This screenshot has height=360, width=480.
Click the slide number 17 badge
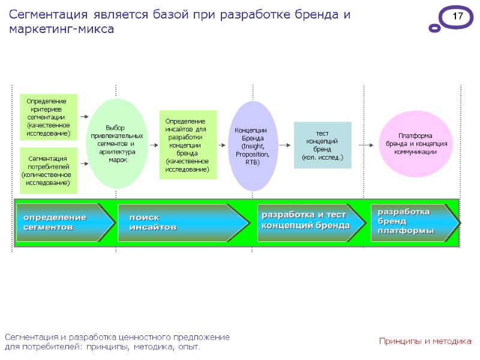click(x=457, y=17)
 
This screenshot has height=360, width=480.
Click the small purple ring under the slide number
click(x=434, y=28)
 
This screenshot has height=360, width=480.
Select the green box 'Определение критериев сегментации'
click(x=49, y=116)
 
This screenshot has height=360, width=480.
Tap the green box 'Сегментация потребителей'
click(x=49, y=170)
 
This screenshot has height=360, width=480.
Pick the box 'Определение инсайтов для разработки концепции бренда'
click(x=187, y=145)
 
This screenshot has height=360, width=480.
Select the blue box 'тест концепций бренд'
click(x=322, y=145)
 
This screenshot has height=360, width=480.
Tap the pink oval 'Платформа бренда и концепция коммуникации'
click(x=415, y=144)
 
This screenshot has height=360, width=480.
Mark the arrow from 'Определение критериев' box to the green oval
click(x=84, y=117)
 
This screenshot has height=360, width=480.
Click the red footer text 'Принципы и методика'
click(x=425, y=341)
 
